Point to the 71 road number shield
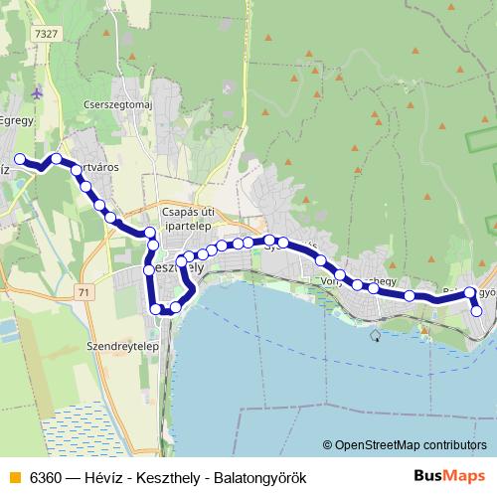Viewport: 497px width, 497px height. pos(81,292)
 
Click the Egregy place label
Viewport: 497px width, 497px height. pos(17,117)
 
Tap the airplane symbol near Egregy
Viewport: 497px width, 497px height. pos(37,93)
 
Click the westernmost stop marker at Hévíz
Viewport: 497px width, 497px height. pos(20,159)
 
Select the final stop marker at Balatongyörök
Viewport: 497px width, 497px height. pos(476,311)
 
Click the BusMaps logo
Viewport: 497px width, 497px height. pos(456,476)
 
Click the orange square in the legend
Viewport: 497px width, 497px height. pos(13,477)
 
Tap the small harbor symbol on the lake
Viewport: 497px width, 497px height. pos(375,335)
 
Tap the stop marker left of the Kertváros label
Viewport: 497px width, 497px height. pos(58,159)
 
